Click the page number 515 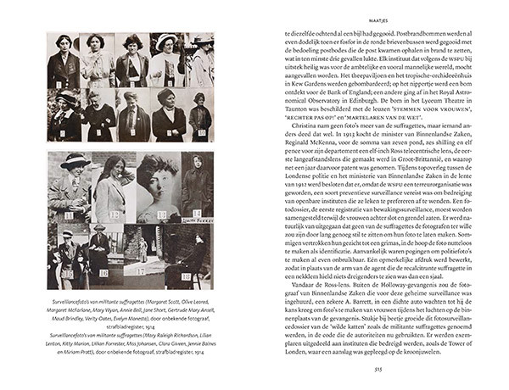pyautogui.click(x=383, y=368)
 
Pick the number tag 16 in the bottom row pyautogui.click(x=103, y=273)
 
